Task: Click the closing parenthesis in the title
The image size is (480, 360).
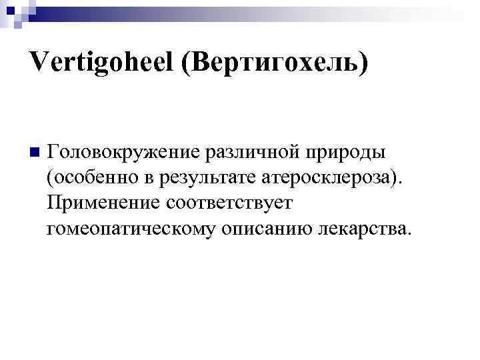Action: [x=363, y=64]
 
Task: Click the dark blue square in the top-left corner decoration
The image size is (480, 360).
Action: [x=9, y=9]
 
